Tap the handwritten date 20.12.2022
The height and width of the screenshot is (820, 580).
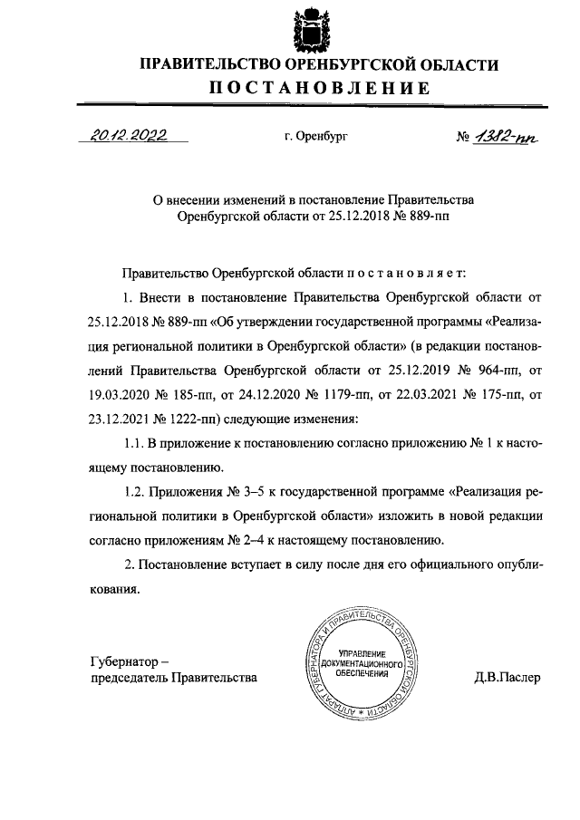click(130, 136)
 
